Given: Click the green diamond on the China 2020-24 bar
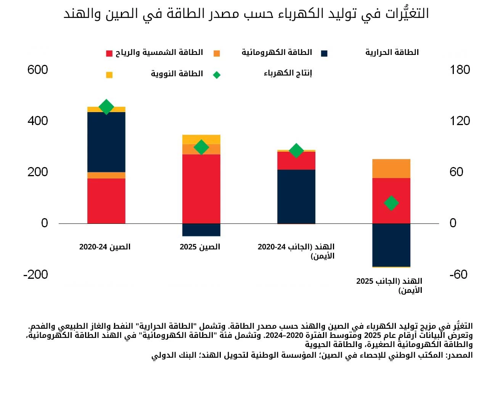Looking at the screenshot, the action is tap(106, 107).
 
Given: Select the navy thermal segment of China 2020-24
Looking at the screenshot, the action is tap(106, 142).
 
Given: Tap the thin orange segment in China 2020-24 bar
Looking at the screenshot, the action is tap(106, 175).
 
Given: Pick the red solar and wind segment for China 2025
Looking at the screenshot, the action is tap(201, 189).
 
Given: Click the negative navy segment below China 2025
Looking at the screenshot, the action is tap(201, 230).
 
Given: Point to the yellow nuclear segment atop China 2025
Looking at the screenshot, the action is tap(201, 140).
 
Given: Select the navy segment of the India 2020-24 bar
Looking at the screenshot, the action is tap(296, 196).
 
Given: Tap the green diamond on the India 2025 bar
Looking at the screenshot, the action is tap(391, 203).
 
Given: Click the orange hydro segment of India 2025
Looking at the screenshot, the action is tap(391, 169).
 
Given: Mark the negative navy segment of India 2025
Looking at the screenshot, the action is tap(391, 245).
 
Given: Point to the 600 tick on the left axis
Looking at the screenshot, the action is tap(37, 70).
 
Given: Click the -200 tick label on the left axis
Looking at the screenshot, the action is tap(36, 275).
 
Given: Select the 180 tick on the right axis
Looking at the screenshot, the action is tap(460, 70).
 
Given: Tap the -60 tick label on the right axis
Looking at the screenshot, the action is tap(458, 275).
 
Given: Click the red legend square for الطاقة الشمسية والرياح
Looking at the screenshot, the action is tap(109, 53).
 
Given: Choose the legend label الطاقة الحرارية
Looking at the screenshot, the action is tap(392, 52).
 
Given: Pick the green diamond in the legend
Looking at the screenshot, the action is tap(217, 75).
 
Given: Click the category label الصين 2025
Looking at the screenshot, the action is tap(200, 247).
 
